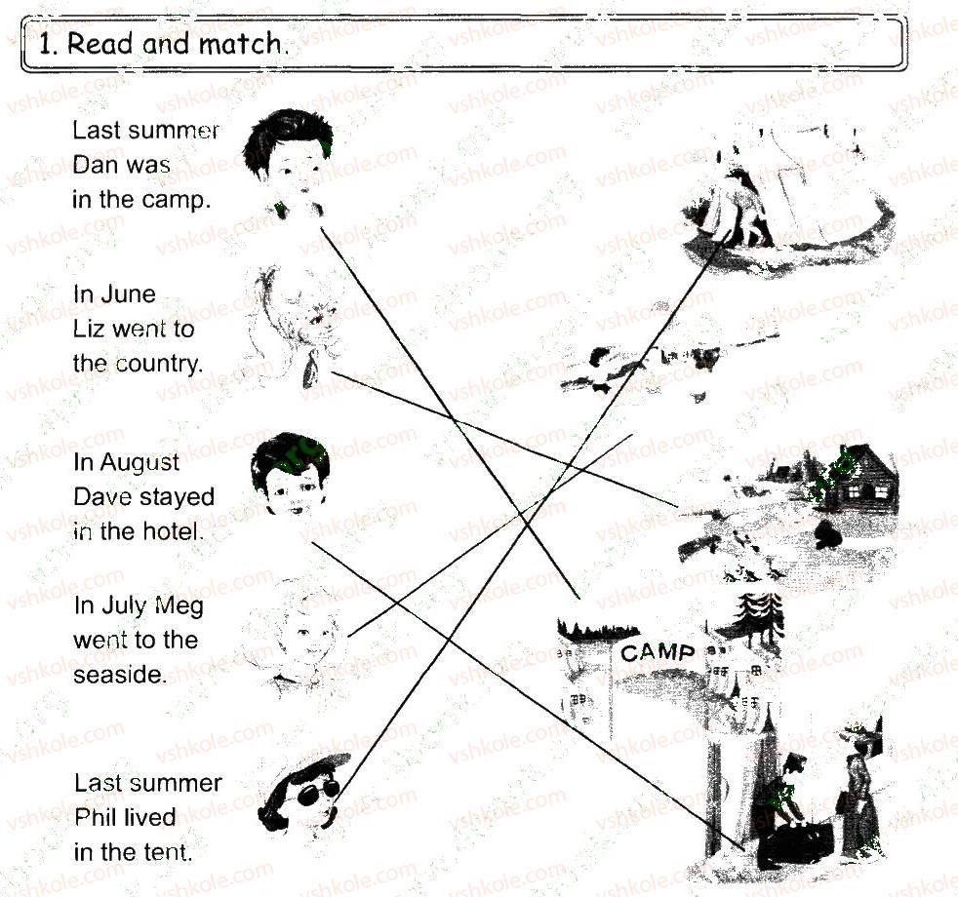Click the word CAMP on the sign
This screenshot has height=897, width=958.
[x=658, y=652]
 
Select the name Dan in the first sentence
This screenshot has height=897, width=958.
[x=93, y=164]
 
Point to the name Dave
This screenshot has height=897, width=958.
[x=100, y=497]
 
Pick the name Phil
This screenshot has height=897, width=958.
[x=95, y=818]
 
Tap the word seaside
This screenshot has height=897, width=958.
[x=120, y=675]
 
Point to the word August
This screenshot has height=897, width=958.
[x=140, y=463]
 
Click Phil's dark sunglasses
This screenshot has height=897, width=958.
[x=318, y=791]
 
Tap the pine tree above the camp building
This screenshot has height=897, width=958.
[x=760, y=617]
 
